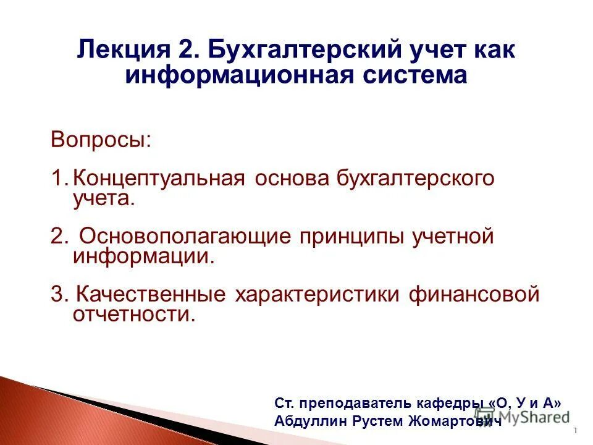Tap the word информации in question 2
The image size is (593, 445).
144,256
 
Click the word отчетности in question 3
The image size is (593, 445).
133,315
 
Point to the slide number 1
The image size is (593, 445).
575,431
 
